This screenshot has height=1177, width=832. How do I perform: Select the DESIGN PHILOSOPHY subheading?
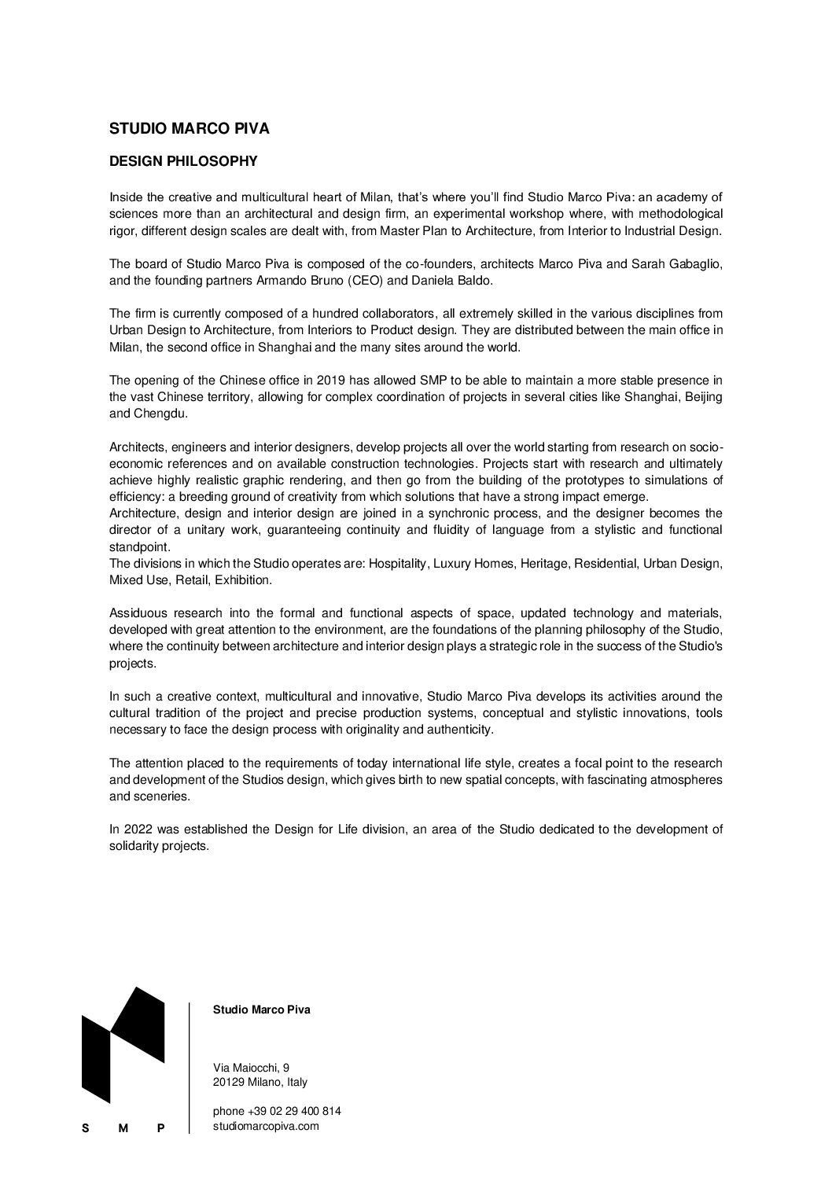[183, 161]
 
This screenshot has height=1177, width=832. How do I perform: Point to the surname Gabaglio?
[693, 264]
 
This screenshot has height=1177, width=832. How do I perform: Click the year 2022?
[136, 829]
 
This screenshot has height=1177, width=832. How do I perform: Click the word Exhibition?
[245, 580]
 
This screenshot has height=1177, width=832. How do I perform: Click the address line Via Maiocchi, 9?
[252, 1067]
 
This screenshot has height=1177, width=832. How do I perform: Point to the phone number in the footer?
[277, 1111]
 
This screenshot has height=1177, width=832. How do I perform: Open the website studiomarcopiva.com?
[266, 1126]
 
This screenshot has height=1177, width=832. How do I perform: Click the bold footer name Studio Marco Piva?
[262, 1010]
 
